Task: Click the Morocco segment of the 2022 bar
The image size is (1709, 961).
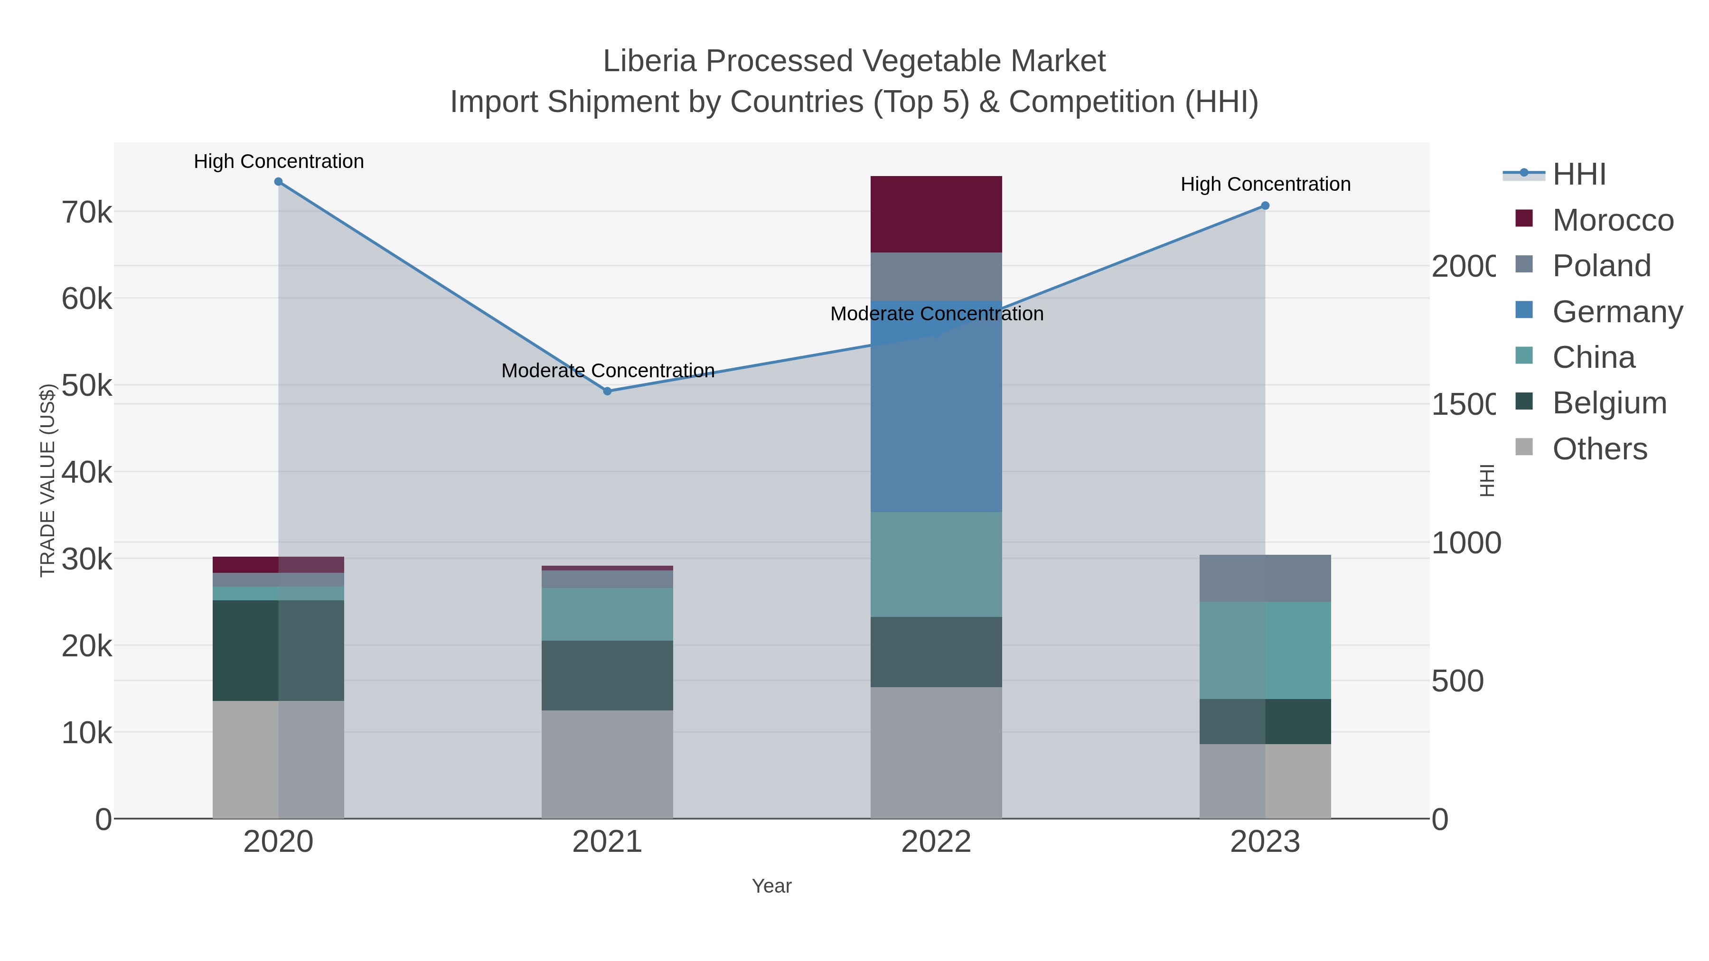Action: [x=935, y=214]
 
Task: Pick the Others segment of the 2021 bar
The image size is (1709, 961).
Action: [x=607, y=764]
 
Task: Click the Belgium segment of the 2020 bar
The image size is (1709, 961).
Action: [x=278, y=650]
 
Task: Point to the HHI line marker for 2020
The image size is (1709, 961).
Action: [x=278, y=182]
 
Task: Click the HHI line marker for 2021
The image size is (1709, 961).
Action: [x=607, y=392]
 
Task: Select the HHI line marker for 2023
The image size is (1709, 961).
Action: [x=1265, y=205]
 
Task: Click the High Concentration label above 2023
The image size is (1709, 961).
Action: [x=1265, y=185]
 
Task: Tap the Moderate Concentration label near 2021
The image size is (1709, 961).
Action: [x=608, y=371]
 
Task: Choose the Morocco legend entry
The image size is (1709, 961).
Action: [x=1612, y=220]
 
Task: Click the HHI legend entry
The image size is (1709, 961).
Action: [x=1579, y=175]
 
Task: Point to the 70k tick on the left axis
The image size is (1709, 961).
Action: [x=87, y=213]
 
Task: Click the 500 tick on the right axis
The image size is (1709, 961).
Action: [x=1457, y=681]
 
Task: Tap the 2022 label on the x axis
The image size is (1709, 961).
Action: [x=935, y=842]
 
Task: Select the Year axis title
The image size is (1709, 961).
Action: [x=771, y=886]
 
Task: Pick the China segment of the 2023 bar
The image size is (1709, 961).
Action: [x=1265, y=650]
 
